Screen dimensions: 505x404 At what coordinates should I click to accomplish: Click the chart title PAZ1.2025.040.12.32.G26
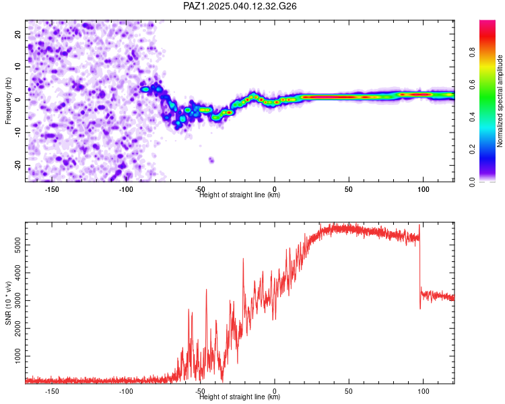(x=240, y=6)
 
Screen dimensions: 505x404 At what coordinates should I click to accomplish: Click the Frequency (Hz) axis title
(x=8, y=101)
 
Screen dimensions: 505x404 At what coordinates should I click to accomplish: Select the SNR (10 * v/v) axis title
(x=8, y=303)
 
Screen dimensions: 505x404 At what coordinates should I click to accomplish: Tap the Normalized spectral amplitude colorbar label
(x=500, y=101)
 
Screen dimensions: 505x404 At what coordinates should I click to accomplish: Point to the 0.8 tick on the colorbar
(x=472, y=52)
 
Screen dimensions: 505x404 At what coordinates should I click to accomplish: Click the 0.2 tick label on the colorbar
(x=472, y=149)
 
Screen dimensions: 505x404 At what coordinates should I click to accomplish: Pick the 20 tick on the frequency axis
(x=18, y=34)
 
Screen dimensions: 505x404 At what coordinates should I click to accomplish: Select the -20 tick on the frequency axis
(x=18, y=165)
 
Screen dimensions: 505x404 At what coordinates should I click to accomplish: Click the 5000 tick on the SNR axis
(x=18, y=245)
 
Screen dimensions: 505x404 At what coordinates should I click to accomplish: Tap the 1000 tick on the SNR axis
(x=18, y=356)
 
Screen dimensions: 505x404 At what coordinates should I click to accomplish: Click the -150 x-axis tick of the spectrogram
(x=52, y=189)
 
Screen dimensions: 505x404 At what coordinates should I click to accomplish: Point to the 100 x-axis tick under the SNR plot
(x=424, y=391)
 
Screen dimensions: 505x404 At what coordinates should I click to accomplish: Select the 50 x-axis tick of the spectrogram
(x=349, y=189)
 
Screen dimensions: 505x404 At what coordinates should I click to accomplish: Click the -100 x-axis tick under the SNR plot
(x=126, y=391)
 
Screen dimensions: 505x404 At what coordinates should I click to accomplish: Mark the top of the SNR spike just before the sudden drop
(x=419, y=225)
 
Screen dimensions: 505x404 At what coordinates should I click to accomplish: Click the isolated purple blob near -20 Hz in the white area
(x=211, y=160)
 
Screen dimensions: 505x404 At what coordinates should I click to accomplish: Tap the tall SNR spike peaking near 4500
(x=243, y=259)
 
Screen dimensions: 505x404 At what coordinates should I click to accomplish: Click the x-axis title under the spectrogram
(x=240, y=195)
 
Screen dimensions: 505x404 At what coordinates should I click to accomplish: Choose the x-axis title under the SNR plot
(x=240, y=397)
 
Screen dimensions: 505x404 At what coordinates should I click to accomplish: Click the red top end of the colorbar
(x=487, y=23)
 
